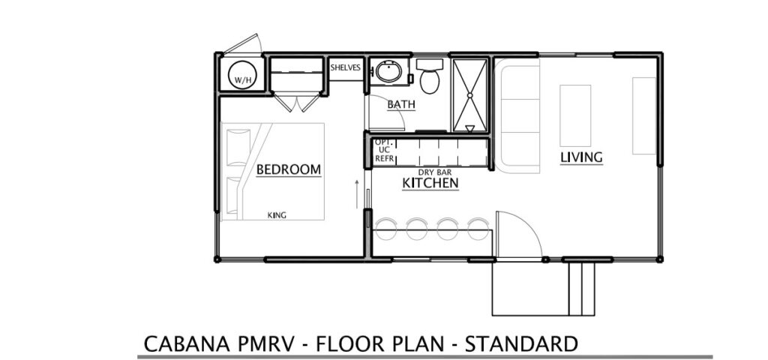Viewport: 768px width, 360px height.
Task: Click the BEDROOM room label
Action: (x=289, y=169)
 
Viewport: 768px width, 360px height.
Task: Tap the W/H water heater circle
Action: (x=242, y=75)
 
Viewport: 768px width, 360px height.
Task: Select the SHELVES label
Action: (x=345, y=67)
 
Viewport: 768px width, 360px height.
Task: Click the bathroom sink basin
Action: (x=389, y=72)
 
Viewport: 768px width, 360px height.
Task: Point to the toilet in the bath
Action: (x=430, y=76)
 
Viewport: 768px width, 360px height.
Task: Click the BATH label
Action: (x=401, y=104)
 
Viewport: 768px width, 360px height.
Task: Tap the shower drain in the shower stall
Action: (x=469, y=95)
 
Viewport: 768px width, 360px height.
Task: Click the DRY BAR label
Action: (x=434, y=172)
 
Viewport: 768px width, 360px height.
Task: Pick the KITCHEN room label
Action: (x=430, y=183)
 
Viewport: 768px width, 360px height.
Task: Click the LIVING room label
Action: (x=581, y=157)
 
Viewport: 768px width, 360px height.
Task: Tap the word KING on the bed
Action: (x=277, y=215)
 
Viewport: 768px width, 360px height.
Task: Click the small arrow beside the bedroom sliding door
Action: (x=356, y=194)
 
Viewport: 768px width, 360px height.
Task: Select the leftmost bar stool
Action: (x=386, y=229)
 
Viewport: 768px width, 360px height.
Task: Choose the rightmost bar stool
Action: (x=478, y=229)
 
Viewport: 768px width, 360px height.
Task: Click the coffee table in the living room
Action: (x=575, y=115)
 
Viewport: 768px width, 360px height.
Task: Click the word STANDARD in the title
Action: (x=521, y=343)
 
